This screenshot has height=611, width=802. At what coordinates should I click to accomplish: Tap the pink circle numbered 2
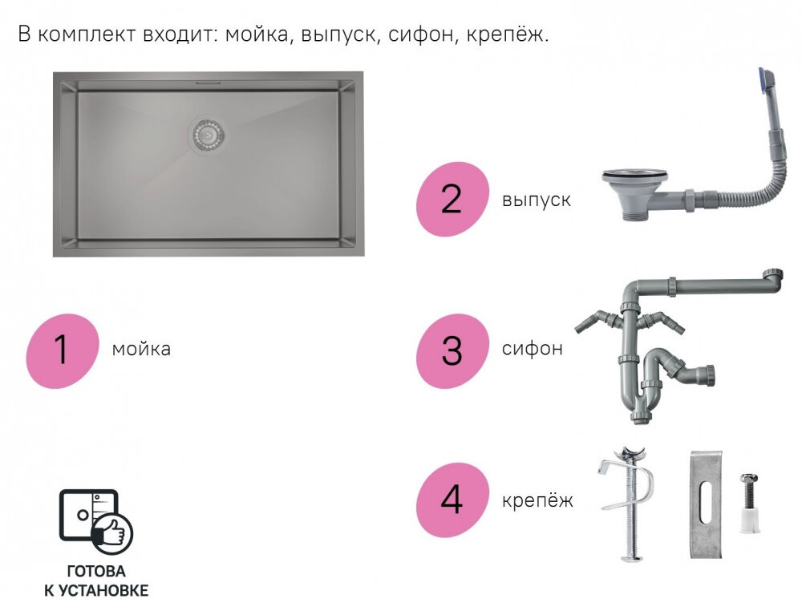452,199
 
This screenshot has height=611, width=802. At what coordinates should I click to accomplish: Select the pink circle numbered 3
452,350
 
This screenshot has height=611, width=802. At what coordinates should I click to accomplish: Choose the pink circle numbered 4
452,500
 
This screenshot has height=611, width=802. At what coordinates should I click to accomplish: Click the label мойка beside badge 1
141,350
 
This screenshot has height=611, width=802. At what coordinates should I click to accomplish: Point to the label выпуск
537,199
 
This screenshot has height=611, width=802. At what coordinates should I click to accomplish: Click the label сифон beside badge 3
533,350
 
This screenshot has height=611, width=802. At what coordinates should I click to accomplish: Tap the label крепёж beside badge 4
538,500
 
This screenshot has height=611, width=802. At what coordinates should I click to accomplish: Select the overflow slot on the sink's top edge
208,82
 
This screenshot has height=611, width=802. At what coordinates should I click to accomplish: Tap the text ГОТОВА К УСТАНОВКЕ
96,581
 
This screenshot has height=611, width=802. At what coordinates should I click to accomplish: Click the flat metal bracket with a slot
705,506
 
